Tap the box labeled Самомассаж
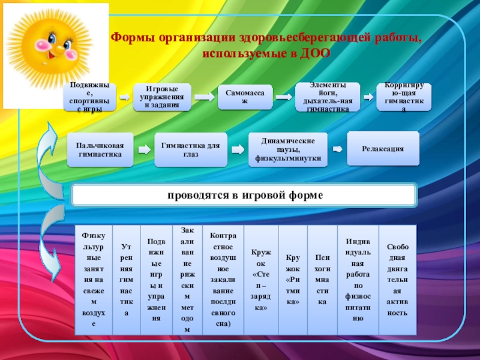[x=245, y=95]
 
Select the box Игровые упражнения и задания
[x=161, y=97]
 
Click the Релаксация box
[x=383, y=148]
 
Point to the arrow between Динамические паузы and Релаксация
[x=338, y=149]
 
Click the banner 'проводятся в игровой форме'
[x=244, y=196]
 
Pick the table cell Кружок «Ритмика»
[x=293, y=279]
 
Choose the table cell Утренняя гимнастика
[x=125, y=279]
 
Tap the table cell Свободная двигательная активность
[x=398, y=279]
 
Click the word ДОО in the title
[x=318, y=53]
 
